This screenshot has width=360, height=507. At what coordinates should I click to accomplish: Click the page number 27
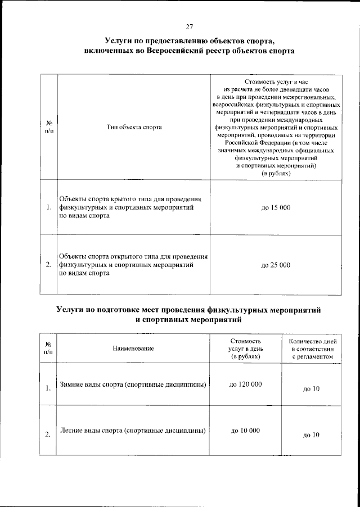(x=190, y=25)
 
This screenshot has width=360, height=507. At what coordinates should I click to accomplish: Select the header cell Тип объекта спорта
(x=134, y=127)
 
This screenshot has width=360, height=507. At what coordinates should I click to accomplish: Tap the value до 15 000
(x=276, y=209)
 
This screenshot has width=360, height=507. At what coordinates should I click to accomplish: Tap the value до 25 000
(x=276, y=265)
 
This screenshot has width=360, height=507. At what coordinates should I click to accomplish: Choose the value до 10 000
(x=245, y=431)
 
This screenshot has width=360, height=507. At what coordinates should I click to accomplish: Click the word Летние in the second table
(x=73, y=431)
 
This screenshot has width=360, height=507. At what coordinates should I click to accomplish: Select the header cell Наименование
(x=133, y=349)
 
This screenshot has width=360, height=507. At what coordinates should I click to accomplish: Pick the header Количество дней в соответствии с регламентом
(x=312, y=349)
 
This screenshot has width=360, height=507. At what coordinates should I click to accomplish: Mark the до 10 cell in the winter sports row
(x=311, y=388)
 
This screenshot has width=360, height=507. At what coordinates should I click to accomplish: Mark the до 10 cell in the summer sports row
(x=311, y=435)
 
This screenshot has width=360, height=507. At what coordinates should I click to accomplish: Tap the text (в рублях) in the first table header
(x=276, y=174)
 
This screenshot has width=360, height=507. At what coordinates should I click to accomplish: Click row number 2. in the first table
(x=49, y=265)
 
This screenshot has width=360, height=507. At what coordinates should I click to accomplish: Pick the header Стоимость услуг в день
(x=245, y=349)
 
